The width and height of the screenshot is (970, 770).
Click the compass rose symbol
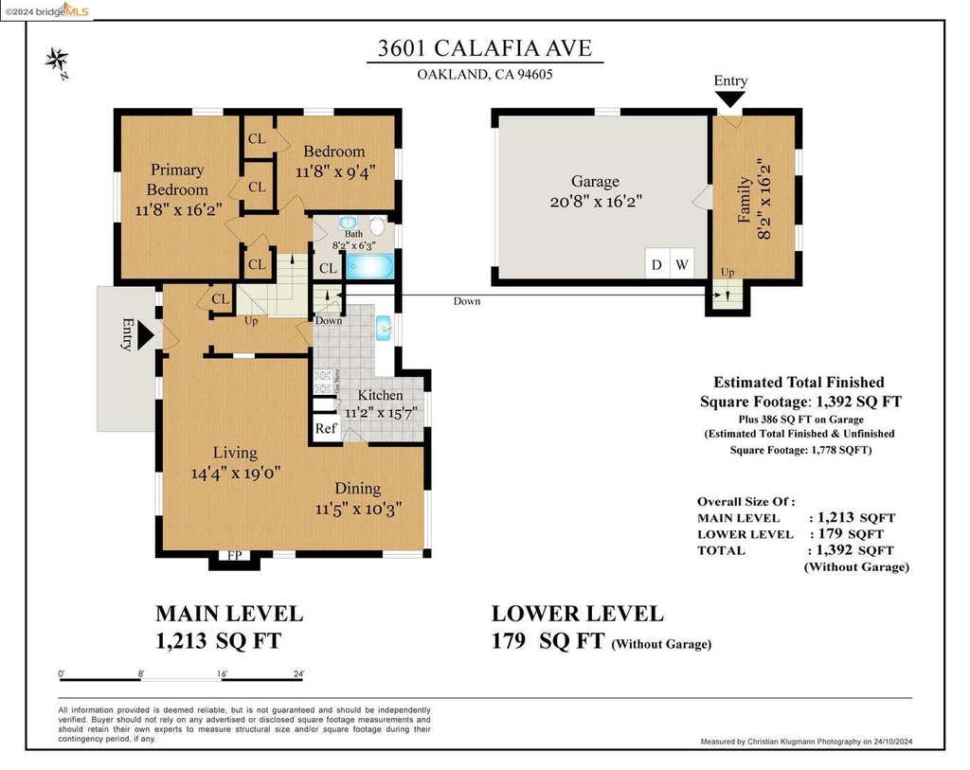click(x=57, y=62)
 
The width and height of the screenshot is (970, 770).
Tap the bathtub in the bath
click(x=370, y=266)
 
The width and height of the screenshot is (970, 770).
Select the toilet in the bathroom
click(x=377, y=225)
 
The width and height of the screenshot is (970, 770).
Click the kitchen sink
click(x=384, y=328)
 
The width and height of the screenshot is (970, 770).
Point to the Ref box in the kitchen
click(x=326, y=428)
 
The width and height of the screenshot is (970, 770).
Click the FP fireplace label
click(x=235, y=555)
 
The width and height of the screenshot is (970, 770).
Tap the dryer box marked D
click(x=657, y=264)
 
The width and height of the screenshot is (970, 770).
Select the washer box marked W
click(x=682, y=264)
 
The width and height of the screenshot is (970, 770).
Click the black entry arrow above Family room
click(x=730, y=98)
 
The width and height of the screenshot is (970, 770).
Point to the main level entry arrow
click(x=145, y=336)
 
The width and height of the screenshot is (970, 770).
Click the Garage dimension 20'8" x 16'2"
click(x=596, y=202)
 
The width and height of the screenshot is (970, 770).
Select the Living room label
click(x=235, y=453)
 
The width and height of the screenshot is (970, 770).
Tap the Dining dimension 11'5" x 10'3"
click(x=358, y=509)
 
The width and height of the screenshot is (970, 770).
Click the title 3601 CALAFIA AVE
click(x=485, y=48)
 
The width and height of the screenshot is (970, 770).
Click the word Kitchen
click(x=381, y=395)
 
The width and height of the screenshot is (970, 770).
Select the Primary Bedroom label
click(x=177, y=179)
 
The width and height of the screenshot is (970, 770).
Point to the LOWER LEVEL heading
click(x=577, y=614)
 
